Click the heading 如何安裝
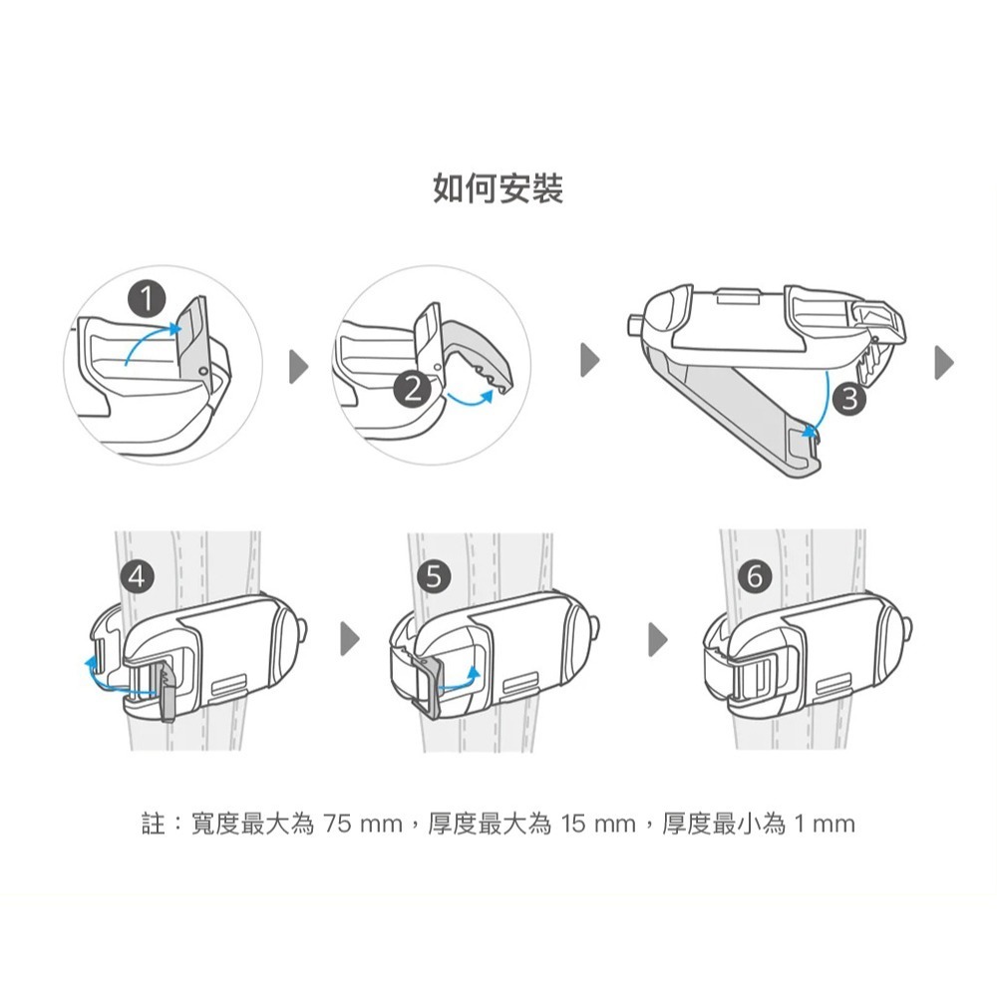[498, 188]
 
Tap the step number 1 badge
[147, 299]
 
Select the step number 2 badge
[413, 389]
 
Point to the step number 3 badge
[849, 399]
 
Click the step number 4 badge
[137, 576]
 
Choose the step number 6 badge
[755, 576]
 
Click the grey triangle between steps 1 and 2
[299, 366]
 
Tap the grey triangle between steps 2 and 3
[590, 361]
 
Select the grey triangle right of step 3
[945, 363]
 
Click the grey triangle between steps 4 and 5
[350, 638]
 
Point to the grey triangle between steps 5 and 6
[658, 638]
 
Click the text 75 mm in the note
[363, 825]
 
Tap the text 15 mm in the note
[597, 825]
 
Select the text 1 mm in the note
[825, 825]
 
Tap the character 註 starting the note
[154, 825]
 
